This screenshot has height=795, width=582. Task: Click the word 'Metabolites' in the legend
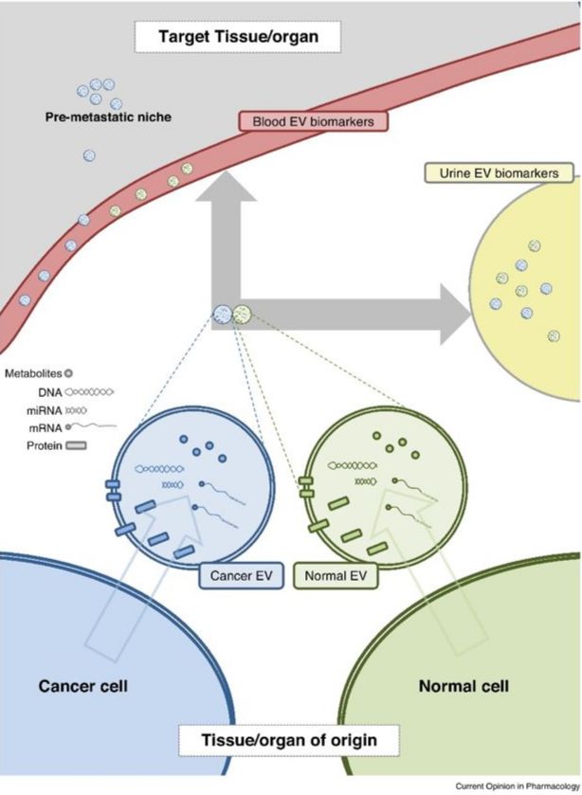click(33, 373)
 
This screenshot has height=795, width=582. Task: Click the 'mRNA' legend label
click(45, 427)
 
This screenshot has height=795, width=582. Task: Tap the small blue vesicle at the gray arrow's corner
click(222, 312)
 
